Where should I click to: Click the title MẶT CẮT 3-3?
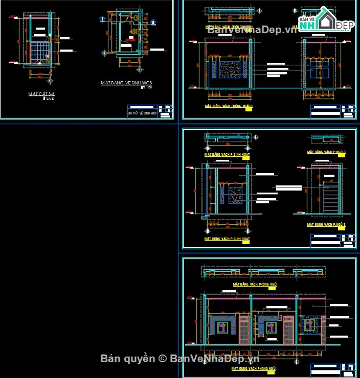pyautogui.click(x=42, y=94)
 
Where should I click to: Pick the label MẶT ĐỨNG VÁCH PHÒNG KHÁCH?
pyautogui.click(x=229, y=106)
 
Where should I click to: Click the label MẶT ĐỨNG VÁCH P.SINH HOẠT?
pyautogui.click(x=227, y=239)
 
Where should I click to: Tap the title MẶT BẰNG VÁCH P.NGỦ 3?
pyautogui.click(x=326, y=152)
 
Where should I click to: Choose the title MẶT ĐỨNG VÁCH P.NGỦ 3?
pyautogui.click(x=326, y=224)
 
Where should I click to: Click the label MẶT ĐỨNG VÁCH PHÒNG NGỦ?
pyautogui.click(x=254, y=368)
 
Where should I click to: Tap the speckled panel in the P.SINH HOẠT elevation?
pyautogui.click(x=235, y=196)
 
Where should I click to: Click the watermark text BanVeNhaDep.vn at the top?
pyautogui.click(x=252, y=30)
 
